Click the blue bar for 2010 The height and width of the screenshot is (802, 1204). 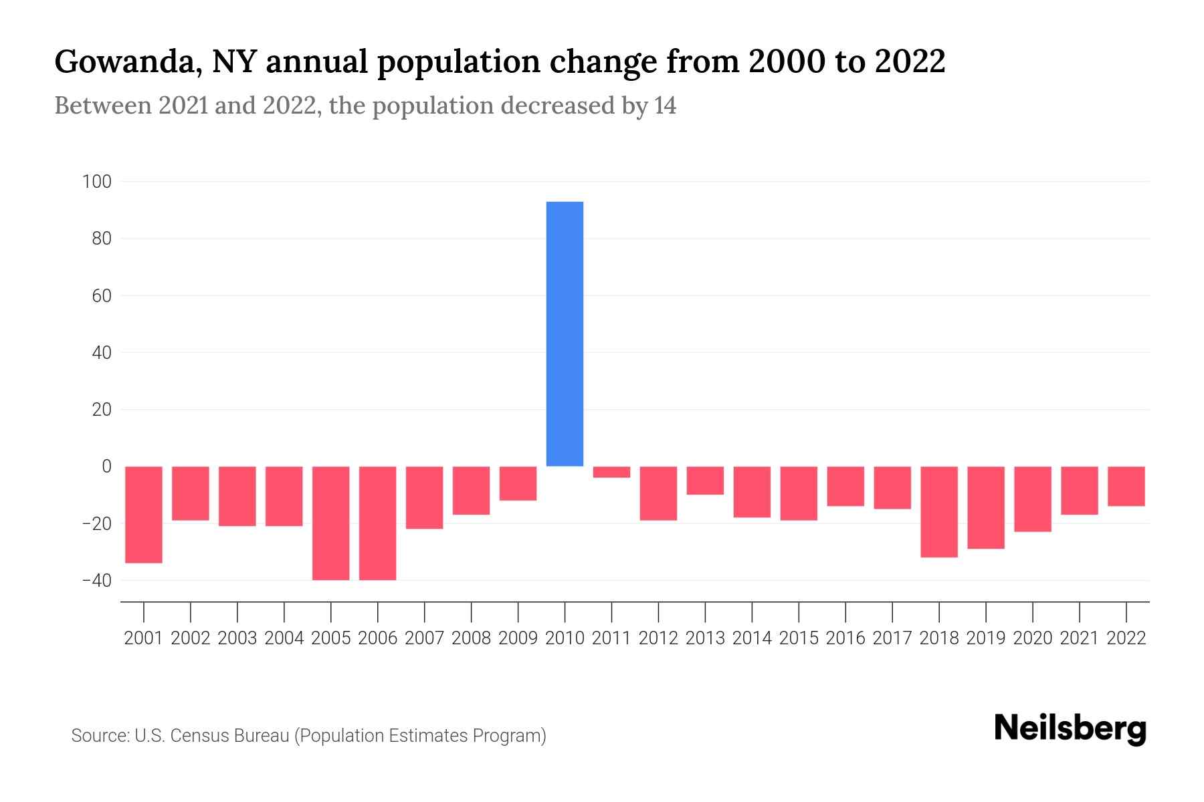[x=565, y=333]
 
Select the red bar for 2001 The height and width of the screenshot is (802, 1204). [x=144, y=515]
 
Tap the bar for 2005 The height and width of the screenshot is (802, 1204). [x=331, y=523]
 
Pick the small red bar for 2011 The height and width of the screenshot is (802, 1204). [x=611, y=472]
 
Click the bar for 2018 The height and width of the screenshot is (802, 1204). [x=939, y=512]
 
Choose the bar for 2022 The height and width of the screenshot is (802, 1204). [x=1126, y=486]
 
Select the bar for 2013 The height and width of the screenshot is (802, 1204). [x=705, y=481]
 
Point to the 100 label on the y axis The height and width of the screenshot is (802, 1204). [x=97, y=181]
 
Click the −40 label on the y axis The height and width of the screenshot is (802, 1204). [x=96, y=580]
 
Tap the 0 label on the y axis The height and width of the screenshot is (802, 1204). [x=106, y=466]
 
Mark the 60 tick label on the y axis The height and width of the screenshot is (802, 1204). [x=100, y=295]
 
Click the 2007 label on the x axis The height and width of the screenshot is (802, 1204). [x=425, y=638]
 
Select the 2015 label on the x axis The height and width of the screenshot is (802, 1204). [x=799, y=638]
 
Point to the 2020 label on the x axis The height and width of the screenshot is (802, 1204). [x=1033, y=638]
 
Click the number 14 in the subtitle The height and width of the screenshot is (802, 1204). [x=665, y=106]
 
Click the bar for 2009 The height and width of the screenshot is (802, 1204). [x=518, y=483]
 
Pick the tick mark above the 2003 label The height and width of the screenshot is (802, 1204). [x=237, y=612]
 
